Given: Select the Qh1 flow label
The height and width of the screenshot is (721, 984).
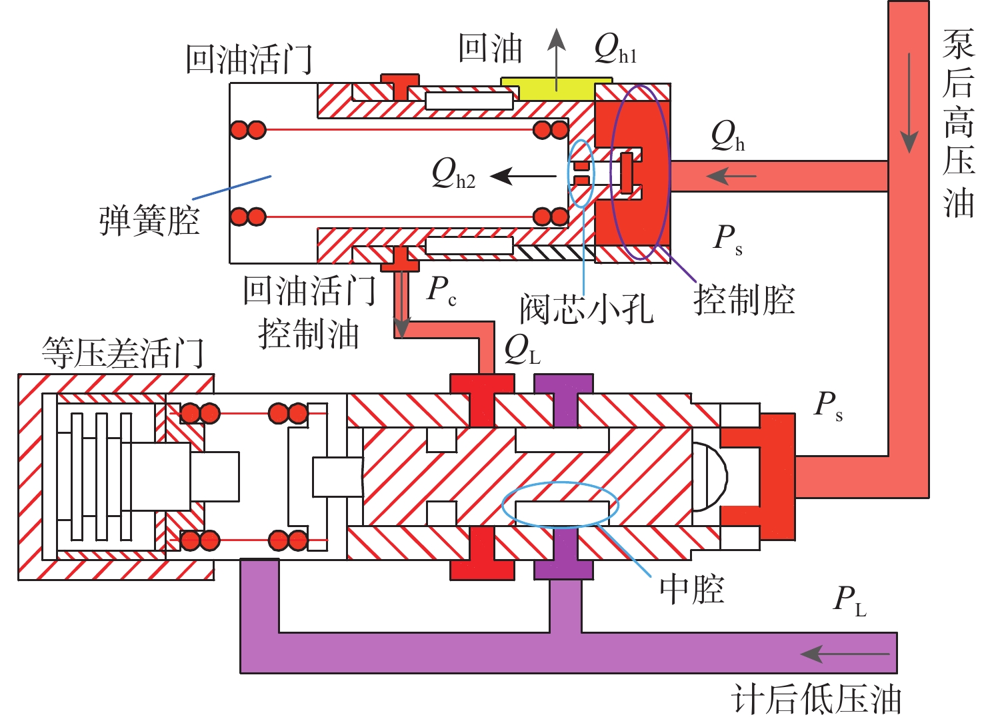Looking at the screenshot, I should click(615, 49).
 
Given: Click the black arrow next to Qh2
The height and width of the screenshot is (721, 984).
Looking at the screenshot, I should click(523, 177).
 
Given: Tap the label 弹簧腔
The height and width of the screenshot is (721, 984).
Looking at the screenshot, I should click(149, 221).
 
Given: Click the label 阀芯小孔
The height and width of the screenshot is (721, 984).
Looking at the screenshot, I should click(587, 309).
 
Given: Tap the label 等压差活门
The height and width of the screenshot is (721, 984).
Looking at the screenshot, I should click(123, 353).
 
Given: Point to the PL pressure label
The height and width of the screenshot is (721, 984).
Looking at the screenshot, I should click(849, 600).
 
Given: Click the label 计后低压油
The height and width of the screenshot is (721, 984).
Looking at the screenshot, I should click(816, 700).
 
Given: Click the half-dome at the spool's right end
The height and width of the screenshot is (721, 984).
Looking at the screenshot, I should click(711, 476).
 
